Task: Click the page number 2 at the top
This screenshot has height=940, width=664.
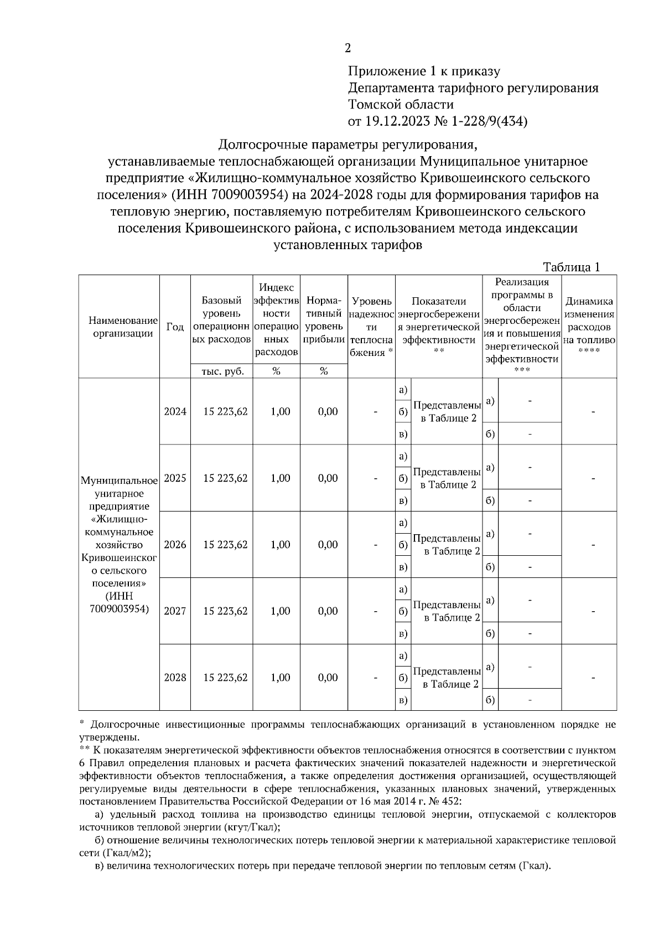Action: coord(347,48)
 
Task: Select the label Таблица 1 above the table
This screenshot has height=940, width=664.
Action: coord(572,267)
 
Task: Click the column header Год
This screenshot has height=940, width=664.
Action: coord(175,327)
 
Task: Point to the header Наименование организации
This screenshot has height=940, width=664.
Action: coord(120,327)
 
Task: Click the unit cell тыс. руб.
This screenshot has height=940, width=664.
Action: coord(221,371)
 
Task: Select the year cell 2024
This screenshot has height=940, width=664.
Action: coord(175,412)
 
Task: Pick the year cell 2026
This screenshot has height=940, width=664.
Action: coord(175,545)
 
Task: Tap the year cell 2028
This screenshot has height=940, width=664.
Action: coord(175,678)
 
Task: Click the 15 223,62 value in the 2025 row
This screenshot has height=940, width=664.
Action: coord(225,478)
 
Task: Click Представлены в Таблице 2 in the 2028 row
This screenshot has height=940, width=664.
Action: coord(447,678)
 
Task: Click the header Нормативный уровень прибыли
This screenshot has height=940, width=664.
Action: coord(324,320)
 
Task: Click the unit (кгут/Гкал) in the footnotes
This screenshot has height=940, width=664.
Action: coord(250,827)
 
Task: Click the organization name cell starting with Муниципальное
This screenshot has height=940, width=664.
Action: coord(119,544)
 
